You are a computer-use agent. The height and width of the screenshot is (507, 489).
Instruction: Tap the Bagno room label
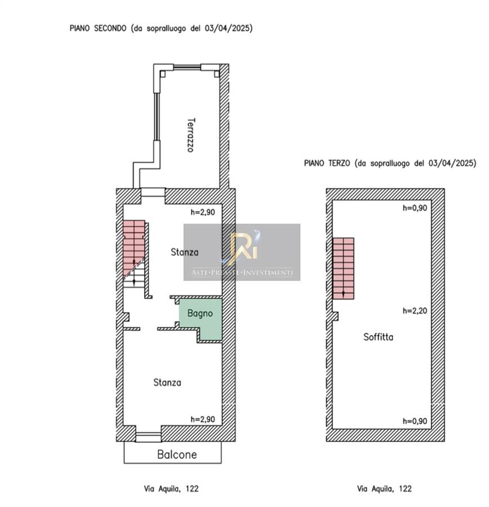200,313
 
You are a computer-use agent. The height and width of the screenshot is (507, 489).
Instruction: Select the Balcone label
177,455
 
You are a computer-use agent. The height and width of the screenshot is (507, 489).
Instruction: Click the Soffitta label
378,337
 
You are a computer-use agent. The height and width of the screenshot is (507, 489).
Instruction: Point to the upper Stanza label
185,252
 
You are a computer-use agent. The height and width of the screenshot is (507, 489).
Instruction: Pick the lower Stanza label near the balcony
167,383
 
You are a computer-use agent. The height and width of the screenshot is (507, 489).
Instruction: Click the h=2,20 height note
415,311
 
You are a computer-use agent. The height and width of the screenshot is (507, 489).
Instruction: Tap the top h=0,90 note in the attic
415,208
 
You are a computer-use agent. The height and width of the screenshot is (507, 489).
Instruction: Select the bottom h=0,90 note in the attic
415,421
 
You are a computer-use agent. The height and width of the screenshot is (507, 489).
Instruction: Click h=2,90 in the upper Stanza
203,212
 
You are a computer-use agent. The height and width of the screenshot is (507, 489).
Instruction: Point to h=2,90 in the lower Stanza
203,419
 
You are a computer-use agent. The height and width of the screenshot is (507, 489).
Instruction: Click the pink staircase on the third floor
343,268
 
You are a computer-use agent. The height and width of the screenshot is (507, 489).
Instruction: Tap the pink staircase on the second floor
133,246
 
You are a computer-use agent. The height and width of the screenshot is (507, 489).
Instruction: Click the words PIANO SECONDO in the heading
98,28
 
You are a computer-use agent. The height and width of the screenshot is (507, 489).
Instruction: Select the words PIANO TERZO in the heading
327,163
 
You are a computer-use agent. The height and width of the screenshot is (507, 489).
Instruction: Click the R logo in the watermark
244,246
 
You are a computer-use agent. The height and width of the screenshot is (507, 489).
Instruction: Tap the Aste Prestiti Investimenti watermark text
242,273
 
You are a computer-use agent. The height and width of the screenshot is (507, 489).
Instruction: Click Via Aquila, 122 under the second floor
171,488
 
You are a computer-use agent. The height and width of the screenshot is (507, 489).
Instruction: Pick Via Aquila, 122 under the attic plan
384,488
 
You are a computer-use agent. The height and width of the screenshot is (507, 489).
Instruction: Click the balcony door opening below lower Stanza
148,437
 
